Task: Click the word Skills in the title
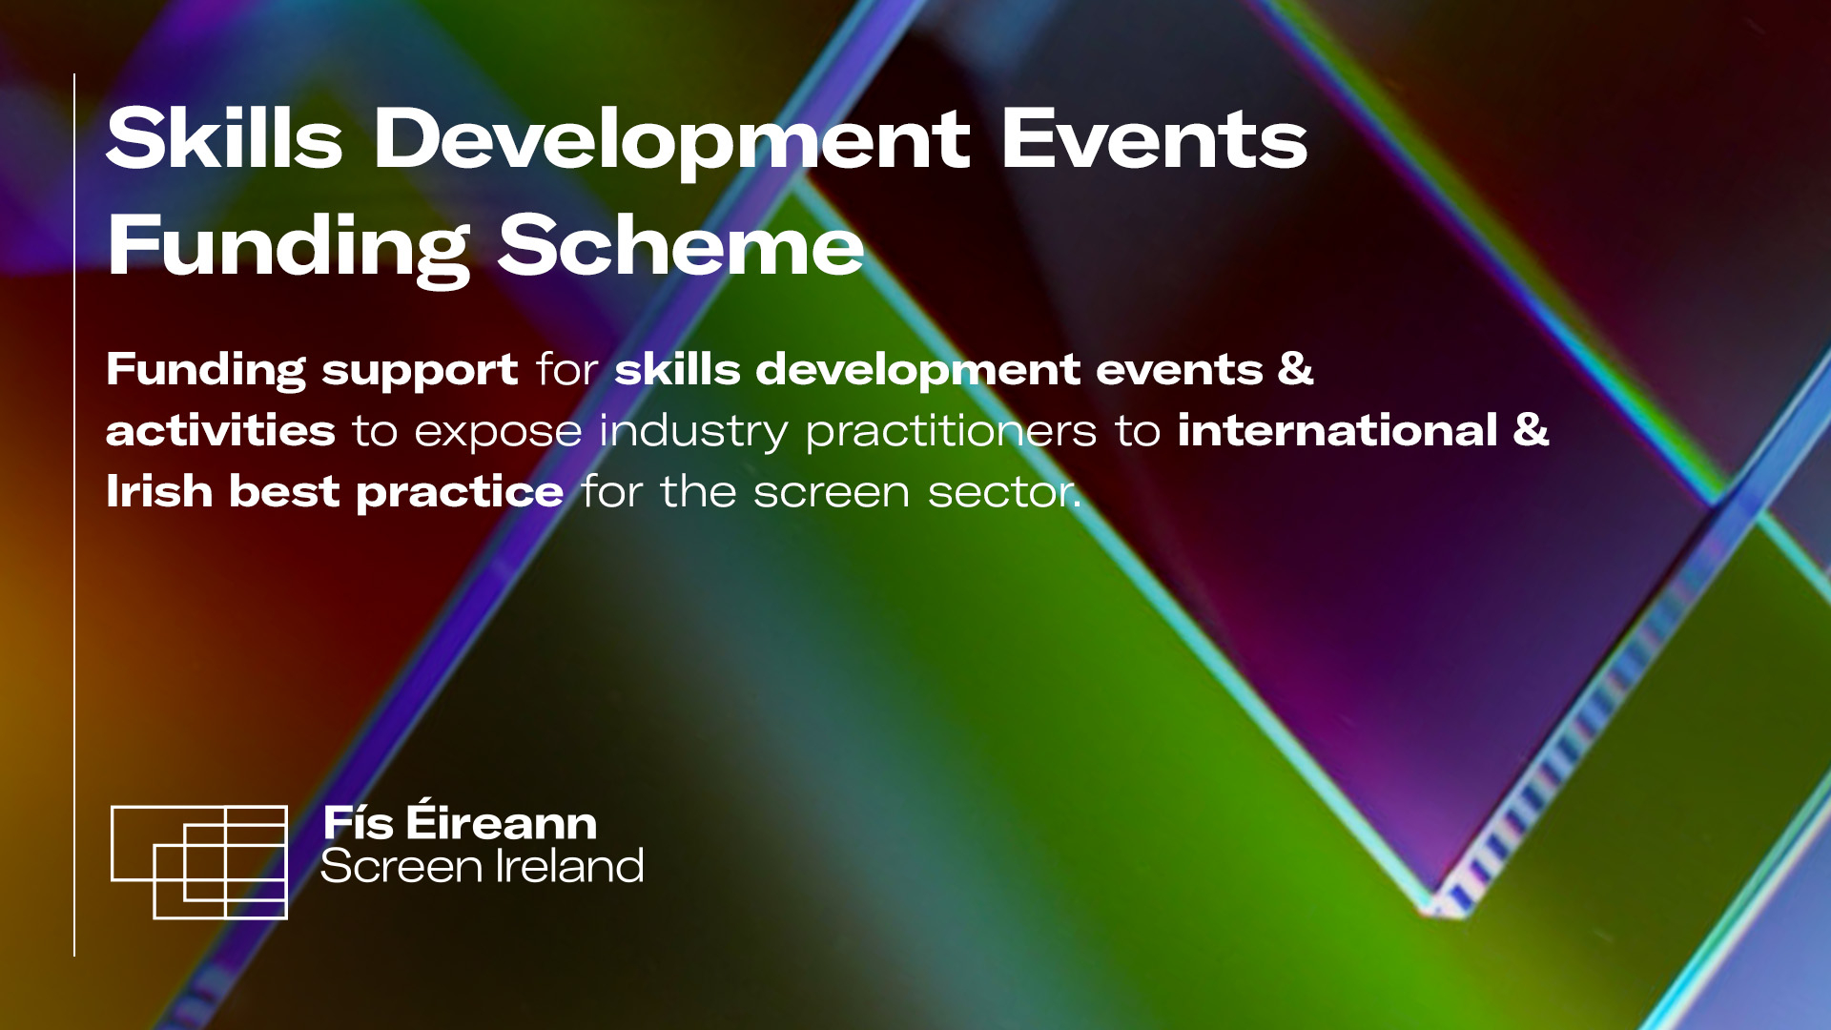point(224,138)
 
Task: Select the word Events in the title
point(1154,139)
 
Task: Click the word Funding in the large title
point(289,247)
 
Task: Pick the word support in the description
point(420,372)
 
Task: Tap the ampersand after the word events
point(1295,368)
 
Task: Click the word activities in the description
point(220,429)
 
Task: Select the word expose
point(498,433)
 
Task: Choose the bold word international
point(1338,429)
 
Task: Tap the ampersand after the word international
point(1531,429)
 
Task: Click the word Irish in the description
point(159,491)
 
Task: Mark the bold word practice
point(460,494)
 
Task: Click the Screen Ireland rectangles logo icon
point(199,862)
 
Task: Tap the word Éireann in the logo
point(502,820)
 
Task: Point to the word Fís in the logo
point(359,822)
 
